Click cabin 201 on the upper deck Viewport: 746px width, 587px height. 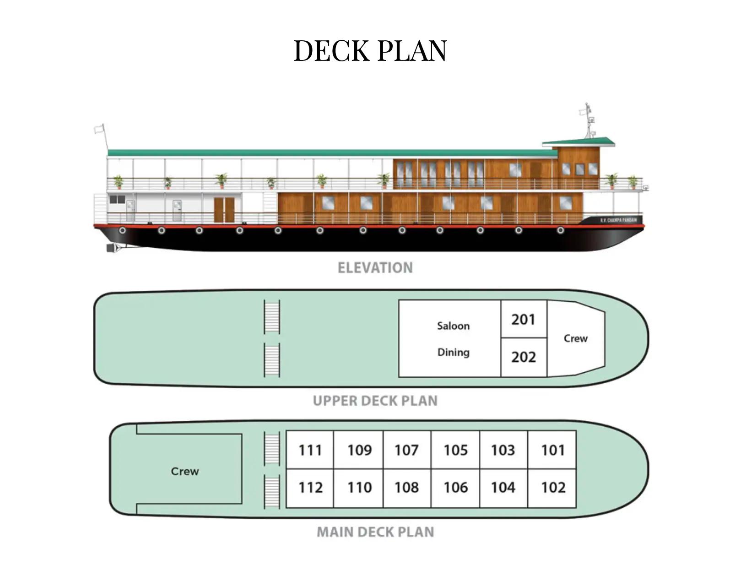tap(523, 319)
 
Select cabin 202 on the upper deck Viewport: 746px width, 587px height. tap(523, 357)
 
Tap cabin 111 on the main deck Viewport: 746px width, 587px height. tap(310, 450)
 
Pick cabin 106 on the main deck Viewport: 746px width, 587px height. tap(455, 487)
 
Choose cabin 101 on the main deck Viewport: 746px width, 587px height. tap(552, 450)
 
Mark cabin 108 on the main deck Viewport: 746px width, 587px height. tap(406, 487)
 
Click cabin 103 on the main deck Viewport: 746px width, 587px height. tap(503, 450)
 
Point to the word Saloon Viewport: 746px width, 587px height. tap(453, 326)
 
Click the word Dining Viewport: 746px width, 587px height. tap(453, 352)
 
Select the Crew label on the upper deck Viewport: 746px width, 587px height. tap(575, 338)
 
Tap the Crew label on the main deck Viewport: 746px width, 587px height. tap(185, 471)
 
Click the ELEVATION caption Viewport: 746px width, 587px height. tap(375, 268)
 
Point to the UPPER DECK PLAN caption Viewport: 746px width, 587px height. tap(375, 401)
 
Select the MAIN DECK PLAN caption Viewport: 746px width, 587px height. tap(375, 532)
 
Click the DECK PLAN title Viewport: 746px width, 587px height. tap(370, 50)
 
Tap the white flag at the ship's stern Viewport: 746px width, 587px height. tap(99, 129)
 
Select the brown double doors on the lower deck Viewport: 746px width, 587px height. tap(224, 209)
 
